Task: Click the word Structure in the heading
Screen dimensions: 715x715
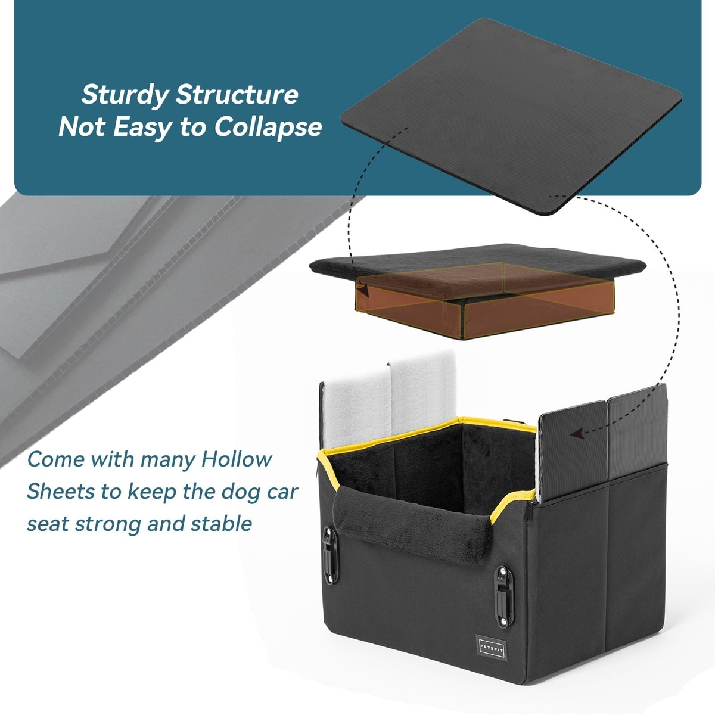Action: [237, 95]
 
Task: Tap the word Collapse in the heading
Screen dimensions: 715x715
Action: [268, 128]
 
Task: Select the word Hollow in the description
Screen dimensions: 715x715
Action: [237, 459]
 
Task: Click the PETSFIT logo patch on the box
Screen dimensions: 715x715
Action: [492, 647]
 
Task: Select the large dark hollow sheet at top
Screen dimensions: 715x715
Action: [511, 116]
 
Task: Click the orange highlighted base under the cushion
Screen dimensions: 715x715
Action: [484, 300]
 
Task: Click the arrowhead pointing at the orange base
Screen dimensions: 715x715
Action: [363, 290]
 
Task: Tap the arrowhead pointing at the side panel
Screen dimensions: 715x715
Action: [577, 433]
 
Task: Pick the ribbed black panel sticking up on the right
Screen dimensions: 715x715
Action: [602, 443]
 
